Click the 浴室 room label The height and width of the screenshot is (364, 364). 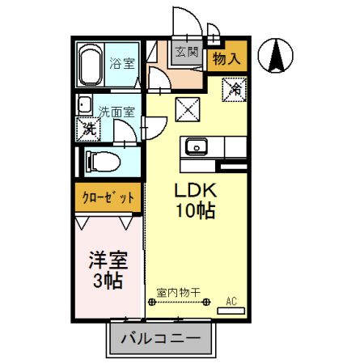(122, 62)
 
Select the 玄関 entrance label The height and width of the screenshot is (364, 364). (187, 53)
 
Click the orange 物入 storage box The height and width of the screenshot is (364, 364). (226, 57)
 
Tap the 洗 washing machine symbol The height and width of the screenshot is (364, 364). (87, 128)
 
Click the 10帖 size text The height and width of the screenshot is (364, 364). (194, 213)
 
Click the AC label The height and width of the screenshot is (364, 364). (232, 302)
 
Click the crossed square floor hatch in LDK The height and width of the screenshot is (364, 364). (188, 107)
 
